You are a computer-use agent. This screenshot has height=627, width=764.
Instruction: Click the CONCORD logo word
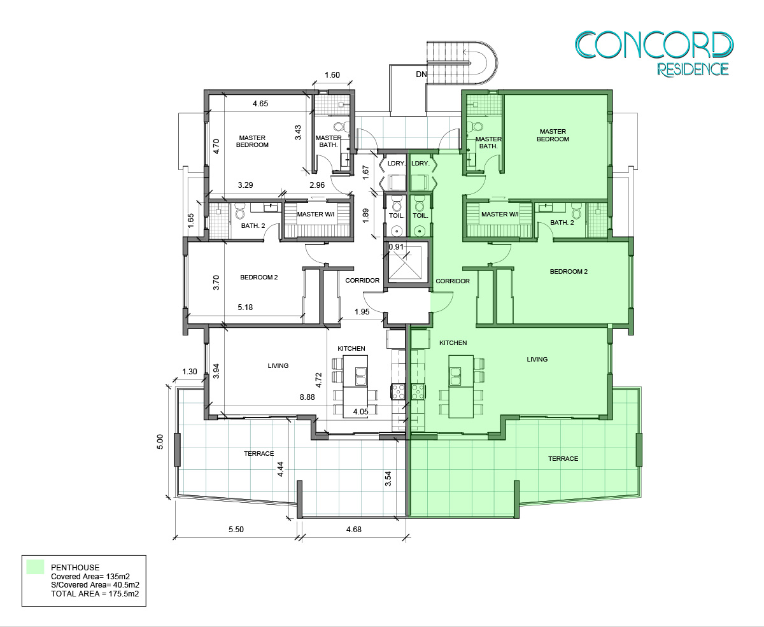tap(654, 45)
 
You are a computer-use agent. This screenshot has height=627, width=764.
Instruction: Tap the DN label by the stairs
tap(421, 74)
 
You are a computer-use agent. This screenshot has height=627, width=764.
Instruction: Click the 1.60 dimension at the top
tap(332, 75)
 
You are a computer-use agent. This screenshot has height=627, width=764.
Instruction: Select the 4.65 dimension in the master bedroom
tap(260, 104)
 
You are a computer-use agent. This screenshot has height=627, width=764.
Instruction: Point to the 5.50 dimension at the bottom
tap(236, 530)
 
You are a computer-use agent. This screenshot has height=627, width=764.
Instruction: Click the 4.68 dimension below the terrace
tap(354, 530)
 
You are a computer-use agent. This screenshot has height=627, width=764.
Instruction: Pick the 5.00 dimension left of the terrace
tap(160, 442)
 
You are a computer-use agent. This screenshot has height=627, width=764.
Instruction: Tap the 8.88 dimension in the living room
tap(308, 397)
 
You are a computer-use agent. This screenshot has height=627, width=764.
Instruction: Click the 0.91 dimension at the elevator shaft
tap(396, 247)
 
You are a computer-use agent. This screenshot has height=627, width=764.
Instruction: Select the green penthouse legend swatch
tap(35, 567)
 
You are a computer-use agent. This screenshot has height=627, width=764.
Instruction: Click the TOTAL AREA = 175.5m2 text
tap(95, 594)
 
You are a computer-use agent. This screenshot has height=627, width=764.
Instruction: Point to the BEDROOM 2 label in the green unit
tap(569, 271)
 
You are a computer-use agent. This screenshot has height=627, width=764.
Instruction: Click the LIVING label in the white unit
tap(278, 366)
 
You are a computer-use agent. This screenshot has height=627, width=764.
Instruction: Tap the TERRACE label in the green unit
tap(563, 458)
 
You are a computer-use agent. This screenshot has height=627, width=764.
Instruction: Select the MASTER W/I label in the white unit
tap(316, 214)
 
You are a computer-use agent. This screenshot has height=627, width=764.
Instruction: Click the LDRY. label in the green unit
tap(420, 164)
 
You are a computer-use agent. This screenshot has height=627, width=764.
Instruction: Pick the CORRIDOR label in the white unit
tap(362, 280)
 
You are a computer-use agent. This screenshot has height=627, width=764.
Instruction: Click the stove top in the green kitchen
tap(418, 392)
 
